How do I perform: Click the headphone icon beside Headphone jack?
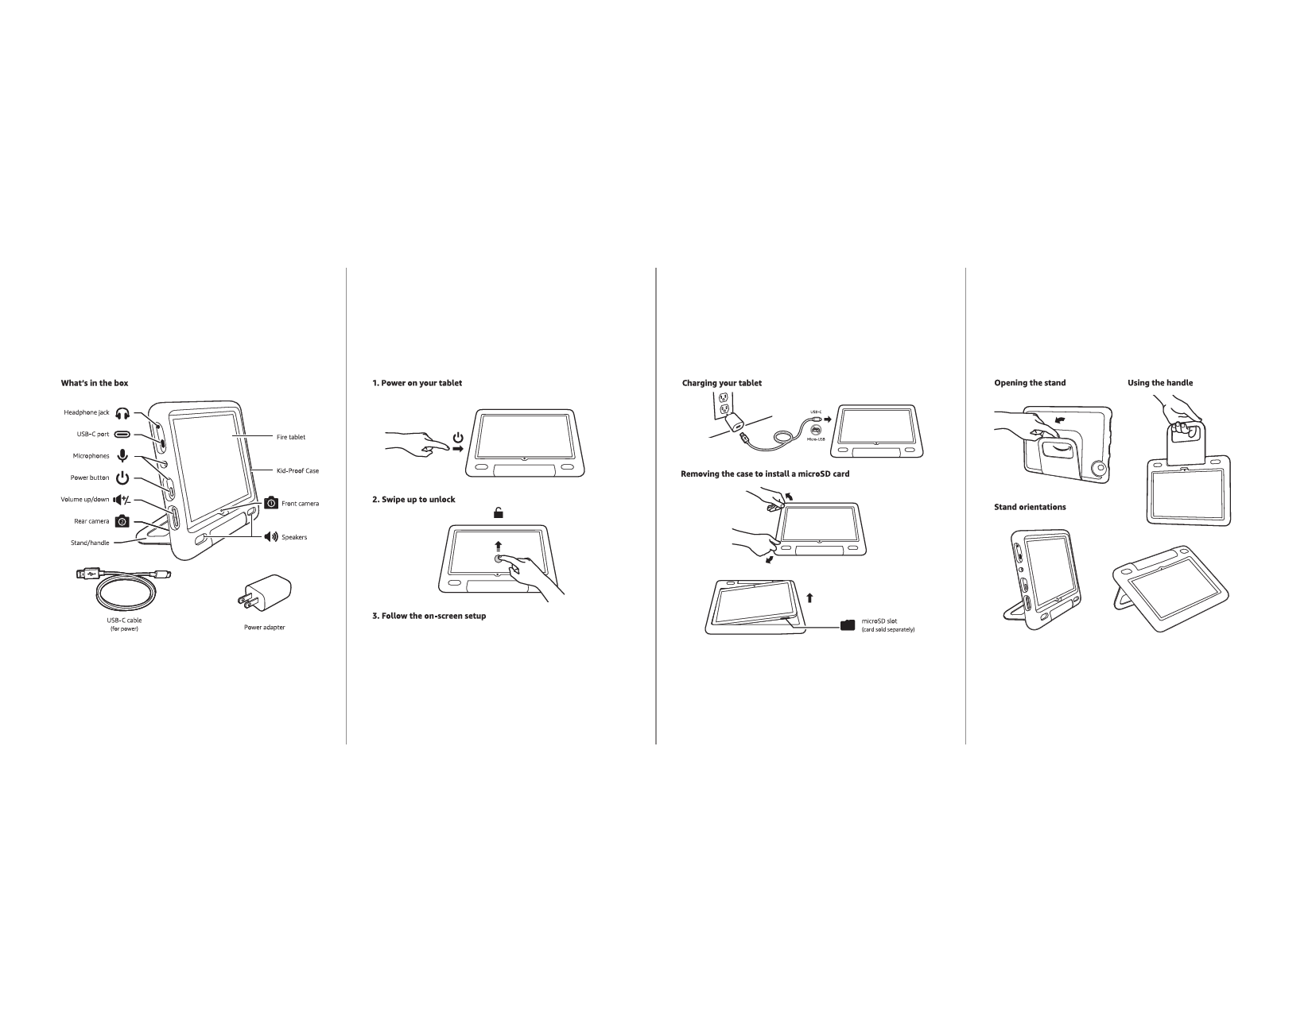pos(122,413)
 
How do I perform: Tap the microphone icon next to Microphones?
pos(122,456)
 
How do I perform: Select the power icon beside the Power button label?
pos(122,478)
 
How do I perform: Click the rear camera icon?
pos(122,521)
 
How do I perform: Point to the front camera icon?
pos(271,503)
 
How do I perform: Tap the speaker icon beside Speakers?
pos(271,537)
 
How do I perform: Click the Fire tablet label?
pos(290,437)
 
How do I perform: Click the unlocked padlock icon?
pos(499,513)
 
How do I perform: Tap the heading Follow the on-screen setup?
pos(429,617)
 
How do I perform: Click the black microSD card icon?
pos(848,625)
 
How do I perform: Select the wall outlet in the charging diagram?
pos(724,405)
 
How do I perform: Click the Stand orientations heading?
pos(1029,507)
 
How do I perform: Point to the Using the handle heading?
pos(1159,383)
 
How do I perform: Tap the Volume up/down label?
pos(85,500)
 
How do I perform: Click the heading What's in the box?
pos(95,383)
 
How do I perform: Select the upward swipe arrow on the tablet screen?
pos(499,546)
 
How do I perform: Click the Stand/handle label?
pos(90,543)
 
